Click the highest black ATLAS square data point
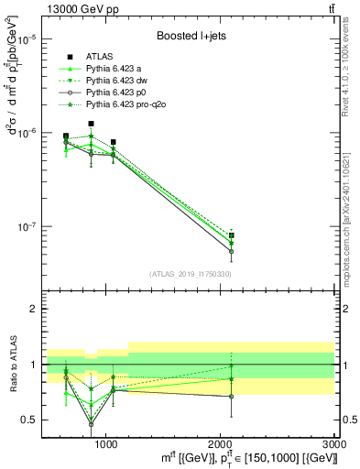tap(91, 124)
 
